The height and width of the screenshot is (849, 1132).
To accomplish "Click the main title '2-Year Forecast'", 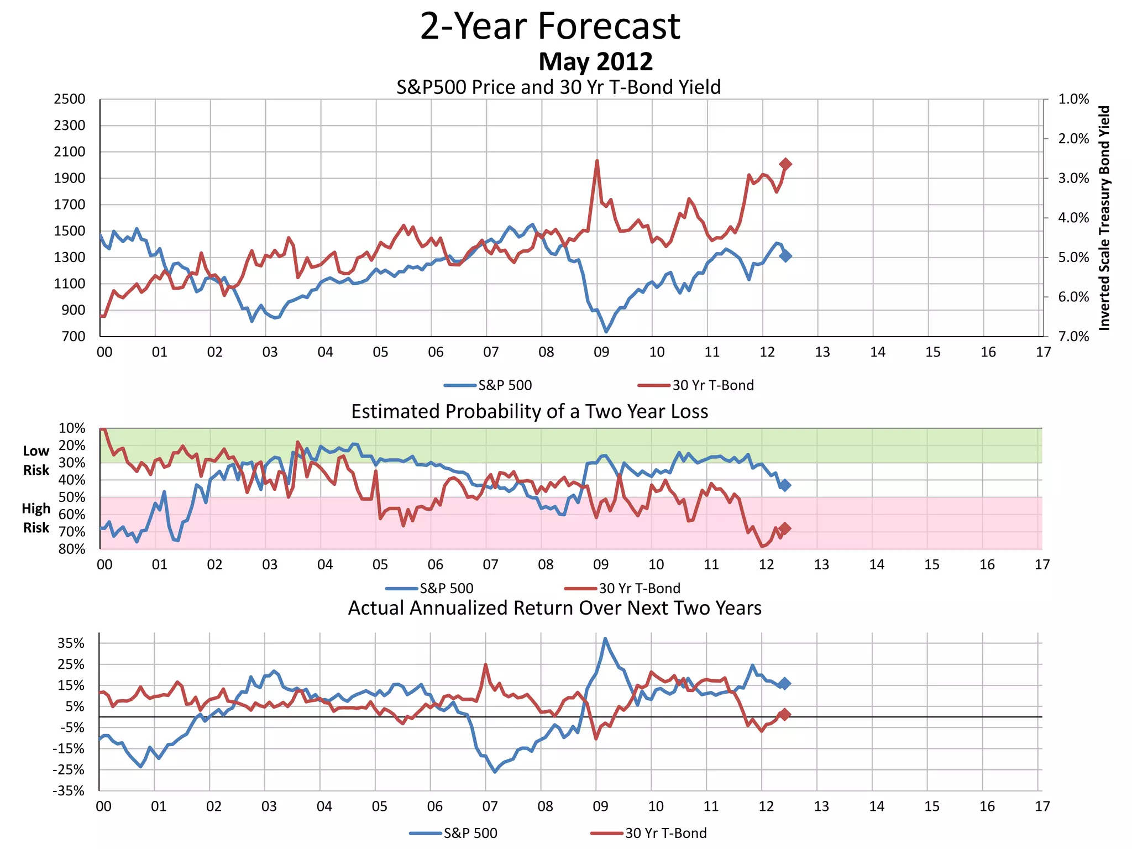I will tap(550, 27).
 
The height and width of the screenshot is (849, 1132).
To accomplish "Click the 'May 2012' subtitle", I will tap(595, 61).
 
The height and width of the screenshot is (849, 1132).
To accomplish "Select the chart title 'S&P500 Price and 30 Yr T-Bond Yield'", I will tap(558, 87).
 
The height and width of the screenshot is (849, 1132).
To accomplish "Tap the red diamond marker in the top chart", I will tap(785, 164).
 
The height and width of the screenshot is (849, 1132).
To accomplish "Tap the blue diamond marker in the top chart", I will tap(785, 256).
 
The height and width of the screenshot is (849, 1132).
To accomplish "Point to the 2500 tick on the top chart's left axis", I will tap(70, 99).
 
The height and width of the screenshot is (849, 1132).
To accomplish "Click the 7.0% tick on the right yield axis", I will tap(1073, 337).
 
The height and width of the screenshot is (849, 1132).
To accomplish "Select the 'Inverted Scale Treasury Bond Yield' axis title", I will tap(1104, 218).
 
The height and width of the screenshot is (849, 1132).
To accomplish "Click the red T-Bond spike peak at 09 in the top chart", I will tap(597, 161).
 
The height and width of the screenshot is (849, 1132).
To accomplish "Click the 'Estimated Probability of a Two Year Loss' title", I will tap(530, 412).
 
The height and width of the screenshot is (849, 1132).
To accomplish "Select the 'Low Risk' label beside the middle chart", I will tap(36, 460).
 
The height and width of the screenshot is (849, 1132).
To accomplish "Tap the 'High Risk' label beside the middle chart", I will tap(36, 518).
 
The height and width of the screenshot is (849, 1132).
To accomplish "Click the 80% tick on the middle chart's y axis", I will tap(72, 549).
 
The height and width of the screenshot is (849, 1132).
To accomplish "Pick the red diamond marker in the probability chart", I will tap(784, 528).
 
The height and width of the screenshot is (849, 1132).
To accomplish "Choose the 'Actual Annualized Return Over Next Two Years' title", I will tap(554, 608).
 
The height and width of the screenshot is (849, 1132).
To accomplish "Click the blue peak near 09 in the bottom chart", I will tap(605, 639).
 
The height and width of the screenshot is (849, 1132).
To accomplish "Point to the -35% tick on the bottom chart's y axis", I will tap(69, 791).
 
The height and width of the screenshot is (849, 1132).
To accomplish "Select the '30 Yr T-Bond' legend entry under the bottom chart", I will tap(665, 833).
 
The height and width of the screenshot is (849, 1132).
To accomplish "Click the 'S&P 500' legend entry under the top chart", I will tap(505, 385).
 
